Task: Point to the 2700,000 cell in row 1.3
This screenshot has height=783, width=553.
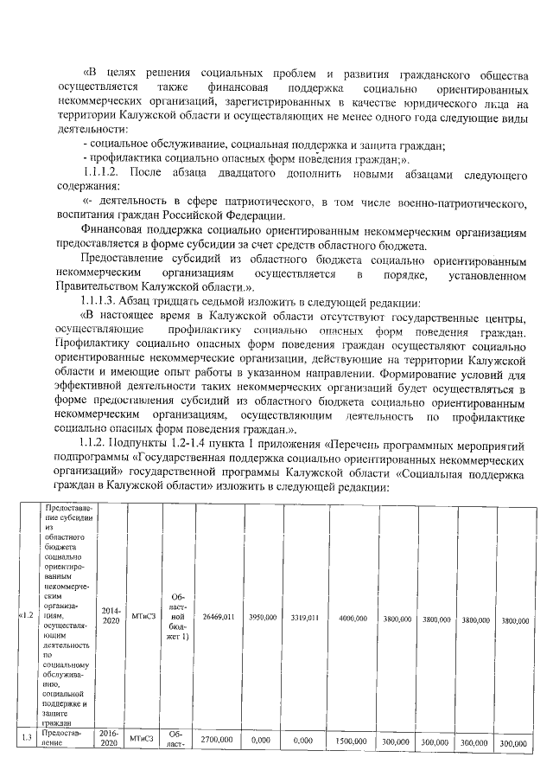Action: [218, 742]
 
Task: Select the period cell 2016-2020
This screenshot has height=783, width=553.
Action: [111, 741]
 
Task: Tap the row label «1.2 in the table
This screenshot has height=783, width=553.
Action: [25, 616]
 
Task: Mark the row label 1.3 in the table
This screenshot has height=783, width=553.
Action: [25, 736]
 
